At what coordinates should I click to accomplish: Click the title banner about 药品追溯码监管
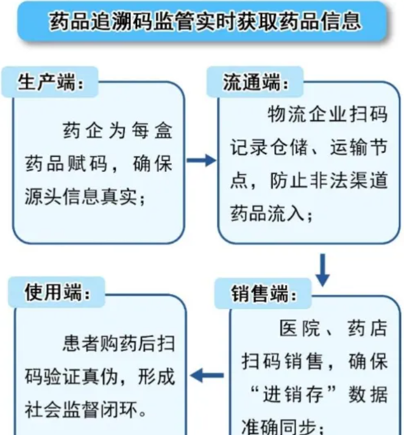point(202,21)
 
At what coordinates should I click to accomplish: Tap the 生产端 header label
point(50,82)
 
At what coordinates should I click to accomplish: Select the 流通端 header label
point(255,82)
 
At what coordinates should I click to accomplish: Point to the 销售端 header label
point(263,294)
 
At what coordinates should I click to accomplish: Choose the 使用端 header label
point(57,292)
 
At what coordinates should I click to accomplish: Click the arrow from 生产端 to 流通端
point(201,160)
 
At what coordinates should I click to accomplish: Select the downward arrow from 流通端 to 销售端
point(323,270)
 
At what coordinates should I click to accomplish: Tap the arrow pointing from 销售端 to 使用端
point(207,376)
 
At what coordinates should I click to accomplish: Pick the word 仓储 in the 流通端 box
point(289,147)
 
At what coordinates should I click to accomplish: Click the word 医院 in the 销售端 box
point(300,328)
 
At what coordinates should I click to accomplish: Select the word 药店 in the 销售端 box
point(367,328)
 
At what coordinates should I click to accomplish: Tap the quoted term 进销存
point(293,394)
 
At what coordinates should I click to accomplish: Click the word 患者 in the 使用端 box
point(80,344)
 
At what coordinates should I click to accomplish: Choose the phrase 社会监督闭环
point(81,409)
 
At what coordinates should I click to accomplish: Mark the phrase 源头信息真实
point(81,196)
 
